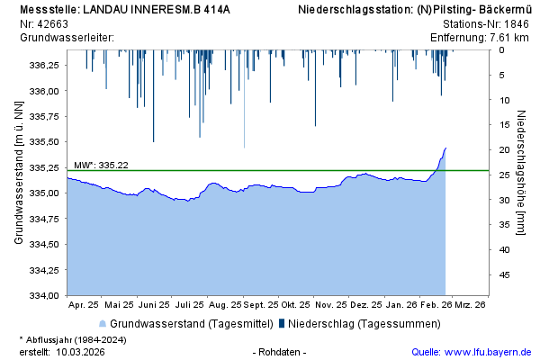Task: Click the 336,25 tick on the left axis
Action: click(44, 66)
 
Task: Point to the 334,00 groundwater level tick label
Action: click(44, 295)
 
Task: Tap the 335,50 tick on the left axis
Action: click(44, 142)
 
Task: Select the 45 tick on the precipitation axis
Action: click(506, 275)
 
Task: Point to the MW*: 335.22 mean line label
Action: click(101, 165)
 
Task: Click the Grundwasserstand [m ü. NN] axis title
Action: click(19, 173)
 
